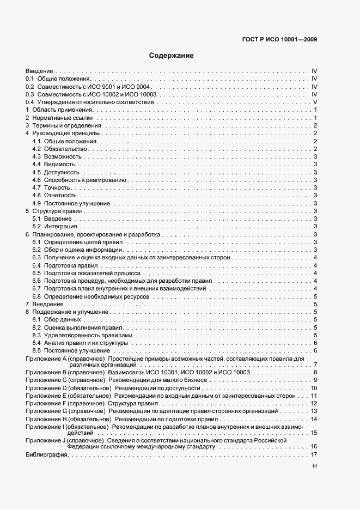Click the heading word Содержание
click(171, 56)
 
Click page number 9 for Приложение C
click(315, 379)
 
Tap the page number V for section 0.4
click(315, 102)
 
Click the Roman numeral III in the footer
click(314, 466)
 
